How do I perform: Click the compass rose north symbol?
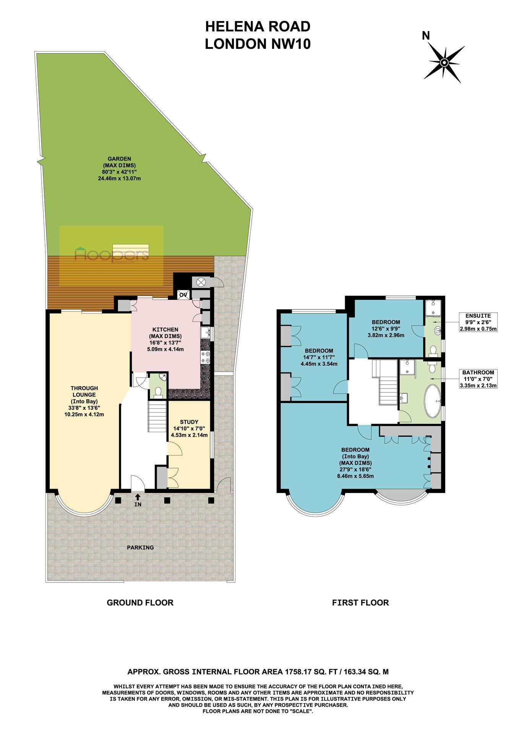point(444,63)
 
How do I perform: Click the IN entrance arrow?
point(138,497)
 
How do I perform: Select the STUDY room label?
point(189,422)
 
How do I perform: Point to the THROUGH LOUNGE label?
point(84,391)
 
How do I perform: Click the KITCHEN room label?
point(165,329)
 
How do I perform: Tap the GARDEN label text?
point(119,159)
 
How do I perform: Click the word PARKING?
point(140,547)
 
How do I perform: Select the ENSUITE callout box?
point(478,322)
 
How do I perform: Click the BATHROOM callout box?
point(478,379)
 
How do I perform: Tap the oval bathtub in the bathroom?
point(433,401)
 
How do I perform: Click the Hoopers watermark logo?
point(111,255)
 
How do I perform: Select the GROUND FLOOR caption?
point(140,603)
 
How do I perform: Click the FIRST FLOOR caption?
point(360,603)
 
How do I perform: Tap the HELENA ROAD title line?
point(258,26)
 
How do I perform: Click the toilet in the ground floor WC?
point(157,392)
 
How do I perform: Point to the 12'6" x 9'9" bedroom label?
point(386,328)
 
